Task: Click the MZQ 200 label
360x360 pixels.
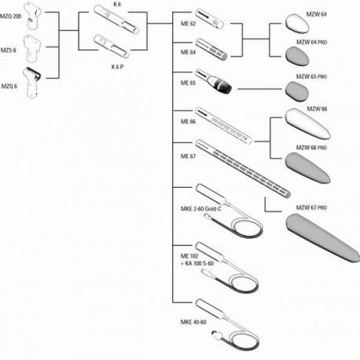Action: (x=10, y=17)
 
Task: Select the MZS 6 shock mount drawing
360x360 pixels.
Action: (x=32, y=49)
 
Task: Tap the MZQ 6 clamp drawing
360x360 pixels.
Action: (x=31, y=83)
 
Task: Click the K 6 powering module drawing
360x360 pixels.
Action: (x=116, y=20)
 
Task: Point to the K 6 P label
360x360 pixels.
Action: (x=117, y=67)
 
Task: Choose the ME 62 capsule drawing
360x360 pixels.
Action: (x=209, y=19)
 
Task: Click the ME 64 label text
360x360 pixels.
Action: (x=188, y=53)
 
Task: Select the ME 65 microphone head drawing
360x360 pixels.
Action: (x=214, y=81)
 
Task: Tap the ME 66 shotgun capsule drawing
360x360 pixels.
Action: (x=224, y=126)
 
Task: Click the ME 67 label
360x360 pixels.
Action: (x=188, y=156)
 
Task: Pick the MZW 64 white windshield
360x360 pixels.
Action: (x=297, y=24)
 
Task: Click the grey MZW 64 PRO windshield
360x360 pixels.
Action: (x=297, y=56)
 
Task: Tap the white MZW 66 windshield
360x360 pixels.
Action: (x=307, y=123)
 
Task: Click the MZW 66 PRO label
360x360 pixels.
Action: (x=311, y=148)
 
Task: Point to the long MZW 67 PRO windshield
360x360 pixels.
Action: (x=322, y=237)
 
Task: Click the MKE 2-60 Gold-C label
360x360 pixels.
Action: (x=201, y=209)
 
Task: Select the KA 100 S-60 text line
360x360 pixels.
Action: (x=197, y=263)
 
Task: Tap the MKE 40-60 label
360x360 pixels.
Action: (x=193, y=322)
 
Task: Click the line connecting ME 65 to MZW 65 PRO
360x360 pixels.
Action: (x=259, y=89)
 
